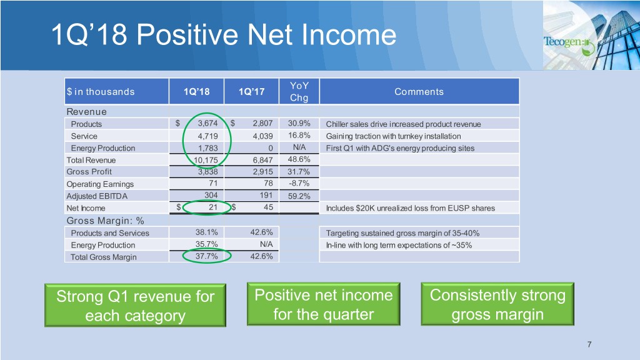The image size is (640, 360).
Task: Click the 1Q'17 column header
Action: pos(251,91)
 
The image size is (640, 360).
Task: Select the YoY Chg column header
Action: pos(299,91)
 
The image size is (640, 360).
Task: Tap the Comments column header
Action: pos(419,91)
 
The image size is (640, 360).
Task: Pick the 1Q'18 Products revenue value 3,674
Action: pos(207,123)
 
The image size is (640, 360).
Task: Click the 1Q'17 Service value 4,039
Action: pos(262,136)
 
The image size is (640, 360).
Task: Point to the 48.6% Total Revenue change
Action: pos(299,159)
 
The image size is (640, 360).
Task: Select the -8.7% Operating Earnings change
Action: pos(299,183)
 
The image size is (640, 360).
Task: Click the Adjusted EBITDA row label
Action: pos(97,196)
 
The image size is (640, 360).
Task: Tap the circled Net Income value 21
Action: pos(213,207)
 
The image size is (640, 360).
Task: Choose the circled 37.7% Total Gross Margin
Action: pos(206,256)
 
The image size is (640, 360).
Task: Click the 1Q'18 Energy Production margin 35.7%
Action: pos(206,244)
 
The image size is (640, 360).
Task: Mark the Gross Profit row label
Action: pos(89,171)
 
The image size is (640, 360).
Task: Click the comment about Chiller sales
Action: pos(403,124)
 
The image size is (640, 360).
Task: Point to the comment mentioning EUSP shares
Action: pos(410,208)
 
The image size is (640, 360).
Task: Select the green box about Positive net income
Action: pos(323,304)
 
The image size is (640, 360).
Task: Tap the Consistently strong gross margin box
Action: pos(497,304)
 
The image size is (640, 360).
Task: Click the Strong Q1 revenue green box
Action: pos(135,305)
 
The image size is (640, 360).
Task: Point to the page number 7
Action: pos(589,344)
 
